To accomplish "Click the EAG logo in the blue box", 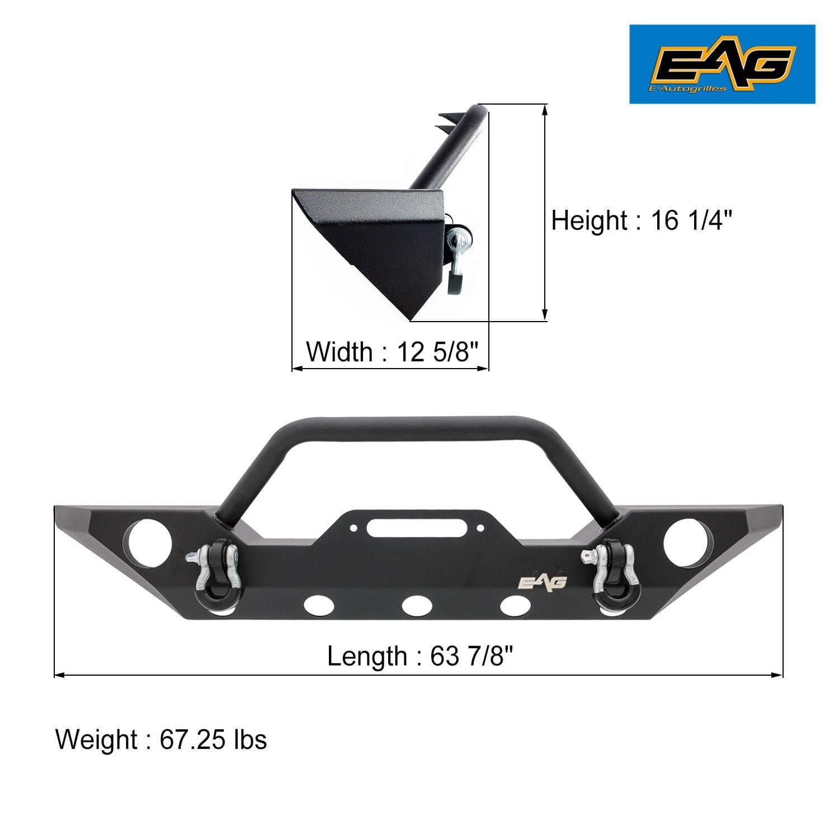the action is (x=722, y=64).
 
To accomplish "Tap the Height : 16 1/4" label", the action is (x=642, y=220).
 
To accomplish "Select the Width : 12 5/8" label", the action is (x=393, y=352).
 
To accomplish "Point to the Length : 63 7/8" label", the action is (x=420, y=656).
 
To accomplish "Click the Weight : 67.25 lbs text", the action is (x=161, y=739).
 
